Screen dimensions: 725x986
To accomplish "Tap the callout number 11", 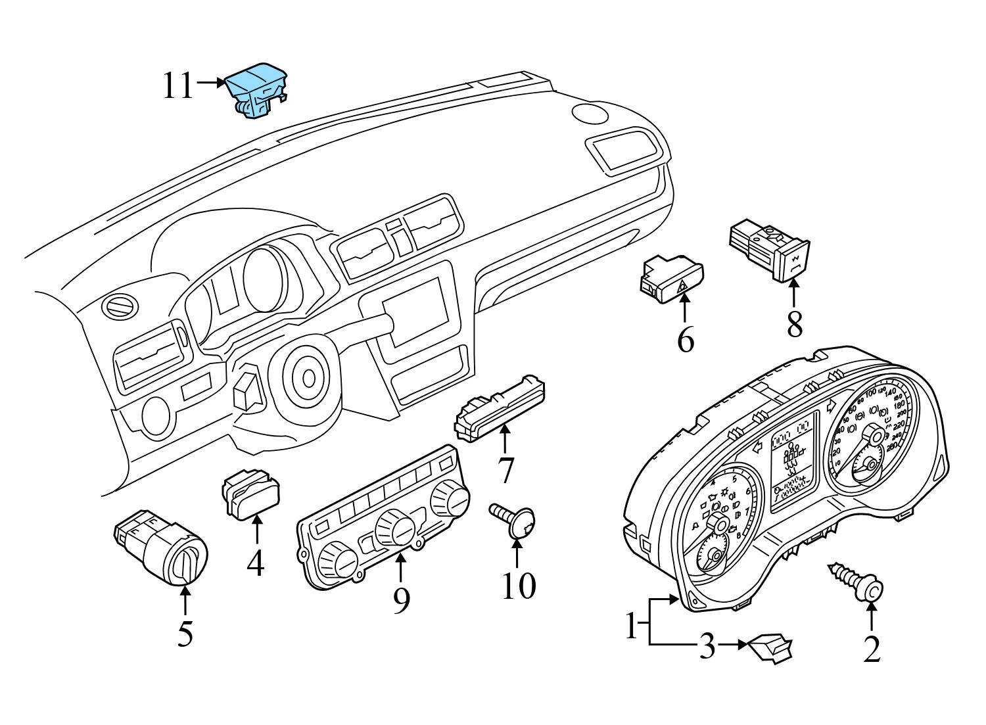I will pos(178,85).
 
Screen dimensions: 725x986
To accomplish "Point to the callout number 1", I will pos(631,626).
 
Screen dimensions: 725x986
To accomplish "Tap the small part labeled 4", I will pos(254,493).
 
